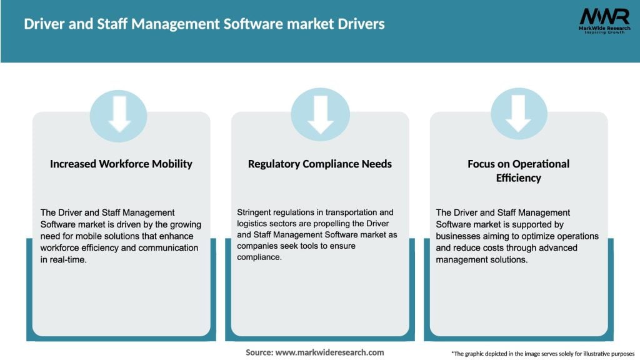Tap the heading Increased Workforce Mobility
coord(121,164)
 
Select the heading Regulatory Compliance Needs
coord(320,164)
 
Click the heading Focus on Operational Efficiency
coord(519,171)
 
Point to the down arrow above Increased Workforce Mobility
coord(119,115)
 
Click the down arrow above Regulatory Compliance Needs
coord(320,115)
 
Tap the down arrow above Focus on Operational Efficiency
coord(519,115)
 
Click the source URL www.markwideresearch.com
coord(330,352)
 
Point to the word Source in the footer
coord(259,352)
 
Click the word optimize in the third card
coord(529,236)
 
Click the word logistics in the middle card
coord(254,224)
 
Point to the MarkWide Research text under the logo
coord(604,28)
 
